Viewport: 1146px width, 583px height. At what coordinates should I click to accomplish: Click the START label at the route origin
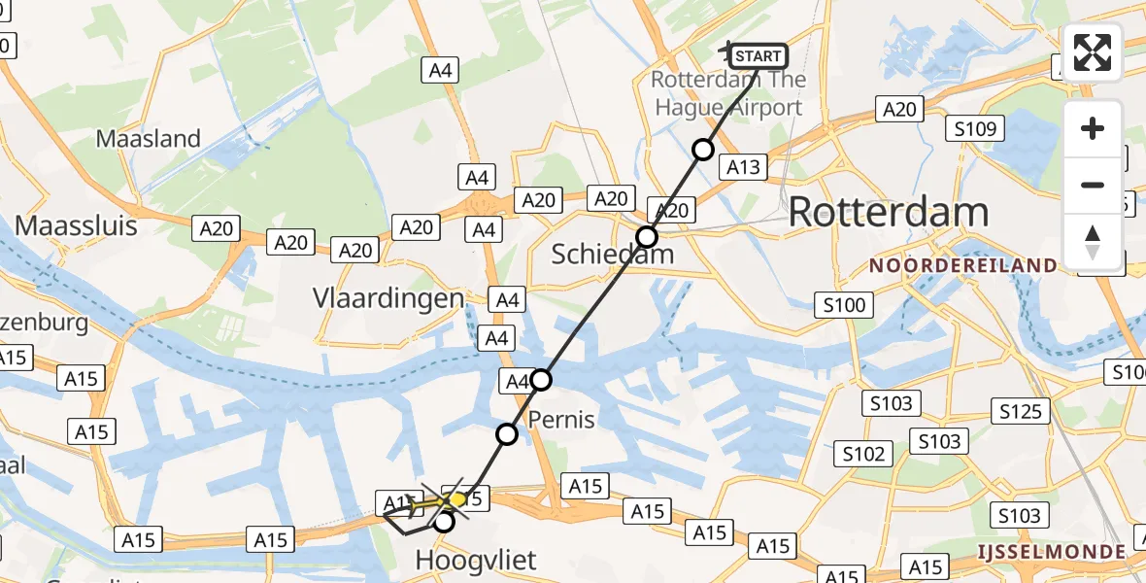(758, 55)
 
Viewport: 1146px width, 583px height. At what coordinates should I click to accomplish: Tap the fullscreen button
(1094, 52)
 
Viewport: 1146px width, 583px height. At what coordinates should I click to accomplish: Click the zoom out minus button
(1094, 185)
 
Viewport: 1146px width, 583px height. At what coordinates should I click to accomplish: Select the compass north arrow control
(1094, 241)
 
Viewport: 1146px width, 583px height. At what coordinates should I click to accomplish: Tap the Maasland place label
(148, 138)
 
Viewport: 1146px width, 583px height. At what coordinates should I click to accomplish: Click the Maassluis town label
(76, 225)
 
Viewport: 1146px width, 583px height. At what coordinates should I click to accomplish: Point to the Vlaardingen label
(388, 298)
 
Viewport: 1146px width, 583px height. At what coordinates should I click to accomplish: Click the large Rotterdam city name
(888, 212)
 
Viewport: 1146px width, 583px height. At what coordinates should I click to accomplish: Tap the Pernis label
(562, 420)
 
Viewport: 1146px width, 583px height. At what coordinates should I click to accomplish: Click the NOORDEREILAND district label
(963, 265)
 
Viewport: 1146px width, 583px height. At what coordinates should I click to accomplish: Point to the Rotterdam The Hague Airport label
(728, 93)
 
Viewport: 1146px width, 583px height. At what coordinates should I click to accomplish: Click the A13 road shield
(743, 167)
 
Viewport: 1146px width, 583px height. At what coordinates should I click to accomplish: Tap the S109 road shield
(976, 128)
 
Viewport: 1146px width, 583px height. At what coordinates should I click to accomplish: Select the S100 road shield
(841, 305)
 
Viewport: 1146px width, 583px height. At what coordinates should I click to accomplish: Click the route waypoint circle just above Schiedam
(647, 237)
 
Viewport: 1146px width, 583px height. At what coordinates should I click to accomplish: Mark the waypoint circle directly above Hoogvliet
(444, 522)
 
